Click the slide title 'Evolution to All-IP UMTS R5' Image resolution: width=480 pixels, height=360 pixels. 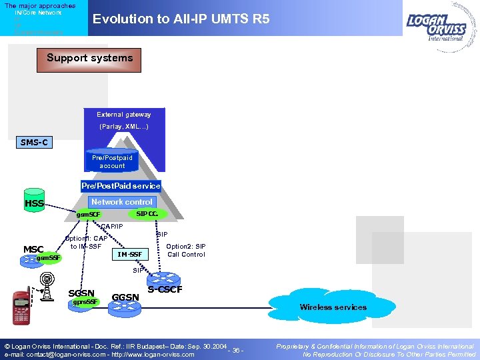[x=181, y=19]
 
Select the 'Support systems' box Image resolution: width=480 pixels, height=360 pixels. [x=89, y=59]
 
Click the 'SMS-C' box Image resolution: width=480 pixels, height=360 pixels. [x=34, y=143]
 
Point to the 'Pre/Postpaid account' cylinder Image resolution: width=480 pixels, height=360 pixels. [x=112, y=161]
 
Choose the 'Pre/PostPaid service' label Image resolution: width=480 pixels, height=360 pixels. [x=121, y=186]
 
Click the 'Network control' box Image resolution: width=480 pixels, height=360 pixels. [x=122, y=202]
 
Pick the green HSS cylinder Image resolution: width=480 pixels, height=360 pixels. [x=34, y=203]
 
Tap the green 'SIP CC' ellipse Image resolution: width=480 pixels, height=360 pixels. [x=147, y=213]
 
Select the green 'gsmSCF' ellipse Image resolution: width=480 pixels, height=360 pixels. [x=88, y=215]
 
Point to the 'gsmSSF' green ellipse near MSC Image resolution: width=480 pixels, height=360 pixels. [x=48, y=258]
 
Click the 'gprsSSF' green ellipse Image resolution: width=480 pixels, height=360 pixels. [x=85, y=302]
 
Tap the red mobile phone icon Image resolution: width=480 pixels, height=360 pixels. [x=21, y=307]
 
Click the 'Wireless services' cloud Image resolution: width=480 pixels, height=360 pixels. [x=333, y=307]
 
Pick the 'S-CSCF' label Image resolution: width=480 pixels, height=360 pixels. [x=165, y=289]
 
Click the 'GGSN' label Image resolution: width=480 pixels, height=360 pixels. [x=125, y=297]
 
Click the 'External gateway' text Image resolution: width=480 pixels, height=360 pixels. [x=124, y=115]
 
